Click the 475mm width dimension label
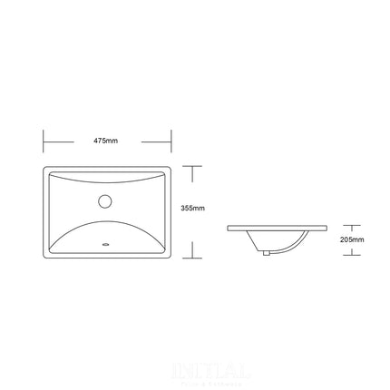point(105,141)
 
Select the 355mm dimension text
point(192,210)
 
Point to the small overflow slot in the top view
point(107,244)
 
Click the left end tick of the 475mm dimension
point(44,141)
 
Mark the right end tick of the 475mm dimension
point(171,141)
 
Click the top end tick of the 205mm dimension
point(352,225)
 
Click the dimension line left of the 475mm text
point(68,141)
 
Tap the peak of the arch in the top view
point(107,217)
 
